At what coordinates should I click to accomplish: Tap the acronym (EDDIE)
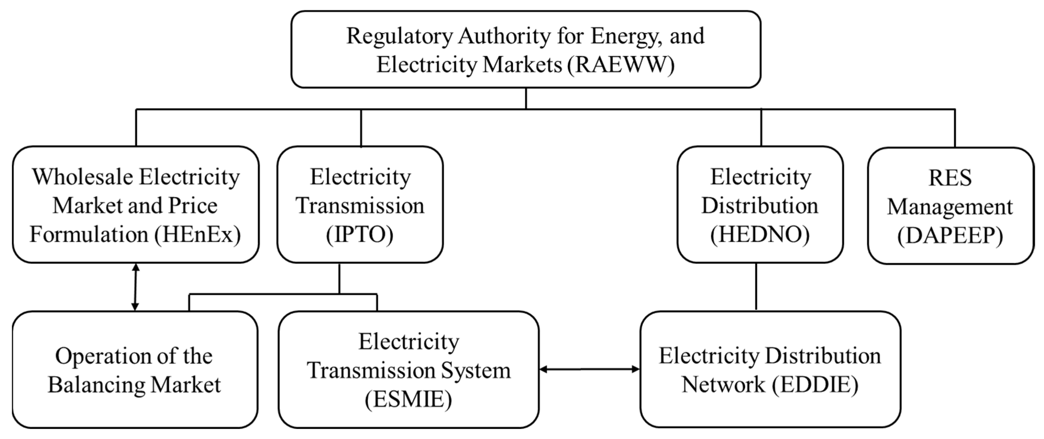[815, 385]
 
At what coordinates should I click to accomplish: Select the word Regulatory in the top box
[399, 36]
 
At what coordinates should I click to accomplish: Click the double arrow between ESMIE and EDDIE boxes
[590, 369]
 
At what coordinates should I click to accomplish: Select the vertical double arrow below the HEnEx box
[135, 287]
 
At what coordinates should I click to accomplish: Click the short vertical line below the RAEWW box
[526, 98]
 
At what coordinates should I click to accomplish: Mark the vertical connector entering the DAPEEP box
[955, 128]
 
